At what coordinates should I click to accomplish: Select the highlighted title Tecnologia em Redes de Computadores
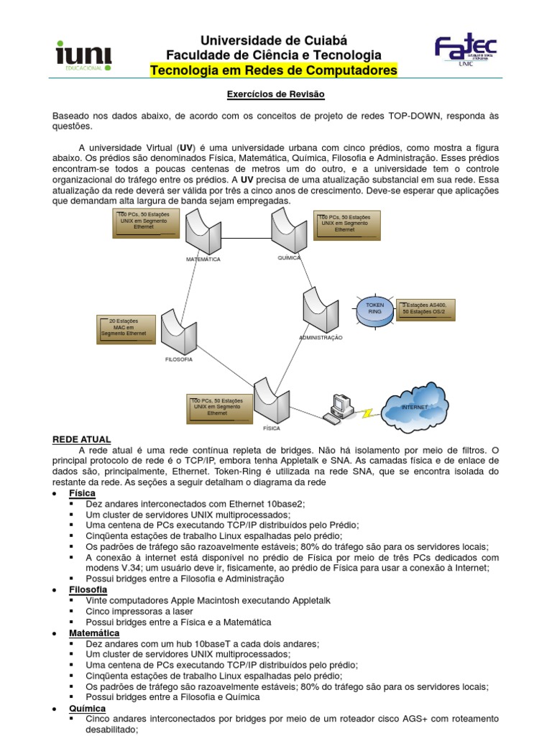[x=273, y=70]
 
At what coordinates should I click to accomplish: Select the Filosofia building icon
[x=179, y=330]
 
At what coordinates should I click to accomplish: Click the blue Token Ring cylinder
[x=375, y=310]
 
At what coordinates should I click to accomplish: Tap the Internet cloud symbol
[x=415, y=407]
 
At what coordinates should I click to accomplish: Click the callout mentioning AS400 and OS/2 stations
[x=425, y=309]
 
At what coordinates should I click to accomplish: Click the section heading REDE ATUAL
[x=81, y=439]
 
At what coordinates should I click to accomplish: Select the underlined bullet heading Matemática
[x=93, y=632]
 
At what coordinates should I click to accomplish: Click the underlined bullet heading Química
[x=88, y=708]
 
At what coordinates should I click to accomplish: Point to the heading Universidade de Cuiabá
[x=273, y=41]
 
